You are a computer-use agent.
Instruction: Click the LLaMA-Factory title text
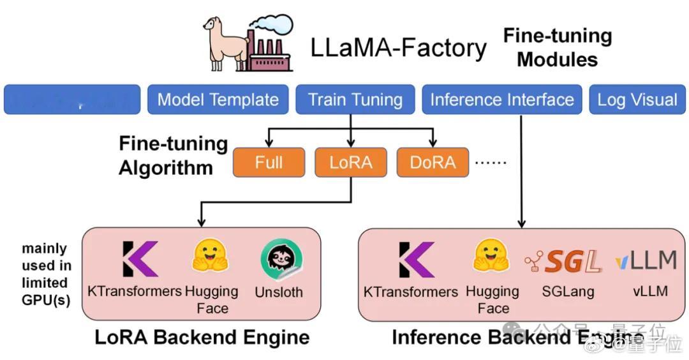(x=398, y=48)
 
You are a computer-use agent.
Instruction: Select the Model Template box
(x=218, y=100)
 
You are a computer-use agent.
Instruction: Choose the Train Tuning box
(x=355, y=100)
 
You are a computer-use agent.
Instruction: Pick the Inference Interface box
(x=501, y=100)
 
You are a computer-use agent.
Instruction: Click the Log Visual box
(x=637, y=100)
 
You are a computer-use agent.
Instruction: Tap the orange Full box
(x=269, y=162)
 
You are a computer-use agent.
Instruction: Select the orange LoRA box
(x=351, y=162)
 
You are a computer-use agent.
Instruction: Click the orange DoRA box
(x=433, y=162)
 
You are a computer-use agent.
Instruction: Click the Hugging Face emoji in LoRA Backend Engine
(x=211, y=257)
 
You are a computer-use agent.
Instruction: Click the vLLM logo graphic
(x=646, y=260)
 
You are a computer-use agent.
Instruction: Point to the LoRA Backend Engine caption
(x=202, y=336)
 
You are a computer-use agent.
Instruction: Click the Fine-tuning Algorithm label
(x=174, y=156)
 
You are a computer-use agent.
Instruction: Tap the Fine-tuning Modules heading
(x=557, y=47)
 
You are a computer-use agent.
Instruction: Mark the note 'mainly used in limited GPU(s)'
(x=47, y=274)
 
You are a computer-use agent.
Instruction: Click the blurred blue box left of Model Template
(x=72, y=100)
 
